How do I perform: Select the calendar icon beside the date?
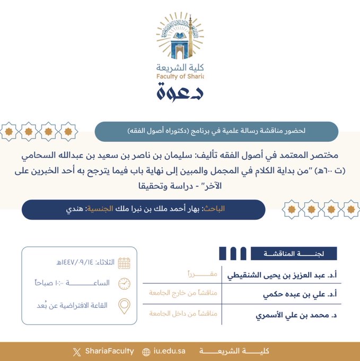tap(124, 263)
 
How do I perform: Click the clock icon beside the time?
tap(124, 283)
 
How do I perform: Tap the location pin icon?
tap(124, 305)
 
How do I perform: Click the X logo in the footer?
tap(77, 351)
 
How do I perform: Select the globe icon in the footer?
tap(146, 351)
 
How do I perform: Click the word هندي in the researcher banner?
tap(74, 209)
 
